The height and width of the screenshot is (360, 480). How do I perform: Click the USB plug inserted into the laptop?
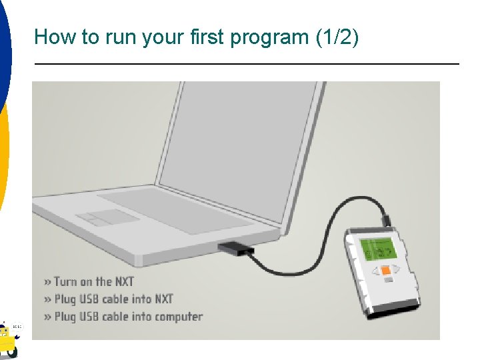pos(234,249)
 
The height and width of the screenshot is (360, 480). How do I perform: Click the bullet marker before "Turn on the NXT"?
pos(47,282)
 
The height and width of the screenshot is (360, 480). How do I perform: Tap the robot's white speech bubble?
pos(17,327)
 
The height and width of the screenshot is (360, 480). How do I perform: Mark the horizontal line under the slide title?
pos(247,63)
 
